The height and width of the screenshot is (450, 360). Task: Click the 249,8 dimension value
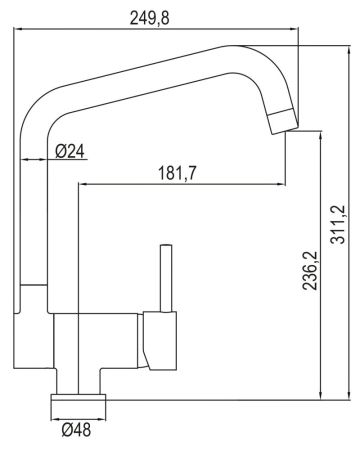pyautogui.click(x=159, y=16)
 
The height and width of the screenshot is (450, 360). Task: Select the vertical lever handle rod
pyautogui.click(x=167, y=277)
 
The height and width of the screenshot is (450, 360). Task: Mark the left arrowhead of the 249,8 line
pyautogui.click(x=22, y=30)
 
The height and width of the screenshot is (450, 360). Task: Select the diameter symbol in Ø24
pyautogui.click(x=60, y=151)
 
